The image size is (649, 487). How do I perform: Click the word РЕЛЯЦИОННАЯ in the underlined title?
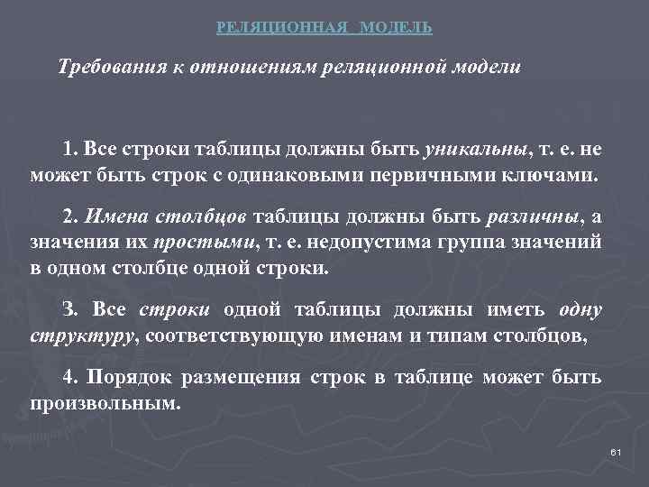coord(282,28)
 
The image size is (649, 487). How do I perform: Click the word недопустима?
coord(370,243)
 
